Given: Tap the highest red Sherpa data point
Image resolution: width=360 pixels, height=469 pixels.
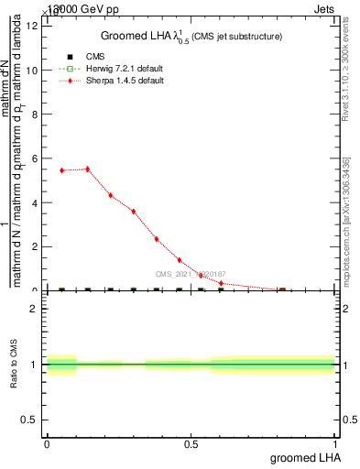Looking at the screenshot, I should (x=87, y=169).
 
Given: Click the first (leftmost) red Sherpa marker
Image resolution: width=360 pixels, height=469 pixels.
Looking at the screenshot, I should (x=61, y=170).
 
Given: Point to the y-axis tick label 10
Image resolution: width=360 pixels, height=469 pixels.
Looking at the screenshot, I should (x=32, y=70).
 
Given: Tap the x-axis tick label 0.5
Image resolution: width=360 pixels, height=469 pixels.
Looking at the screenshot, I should (x=191, y=442).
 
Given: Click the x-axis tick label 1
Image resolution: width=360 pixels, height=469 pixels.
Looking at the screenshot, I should (x=335, y=442).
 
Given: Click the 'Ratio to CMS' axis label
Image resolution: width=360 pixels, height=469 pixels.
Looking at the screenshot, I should (x=14, y=365).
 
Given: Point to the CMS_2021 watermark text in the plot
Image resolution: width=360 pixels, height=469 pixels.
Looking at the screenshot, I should (x=191, y=274).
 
